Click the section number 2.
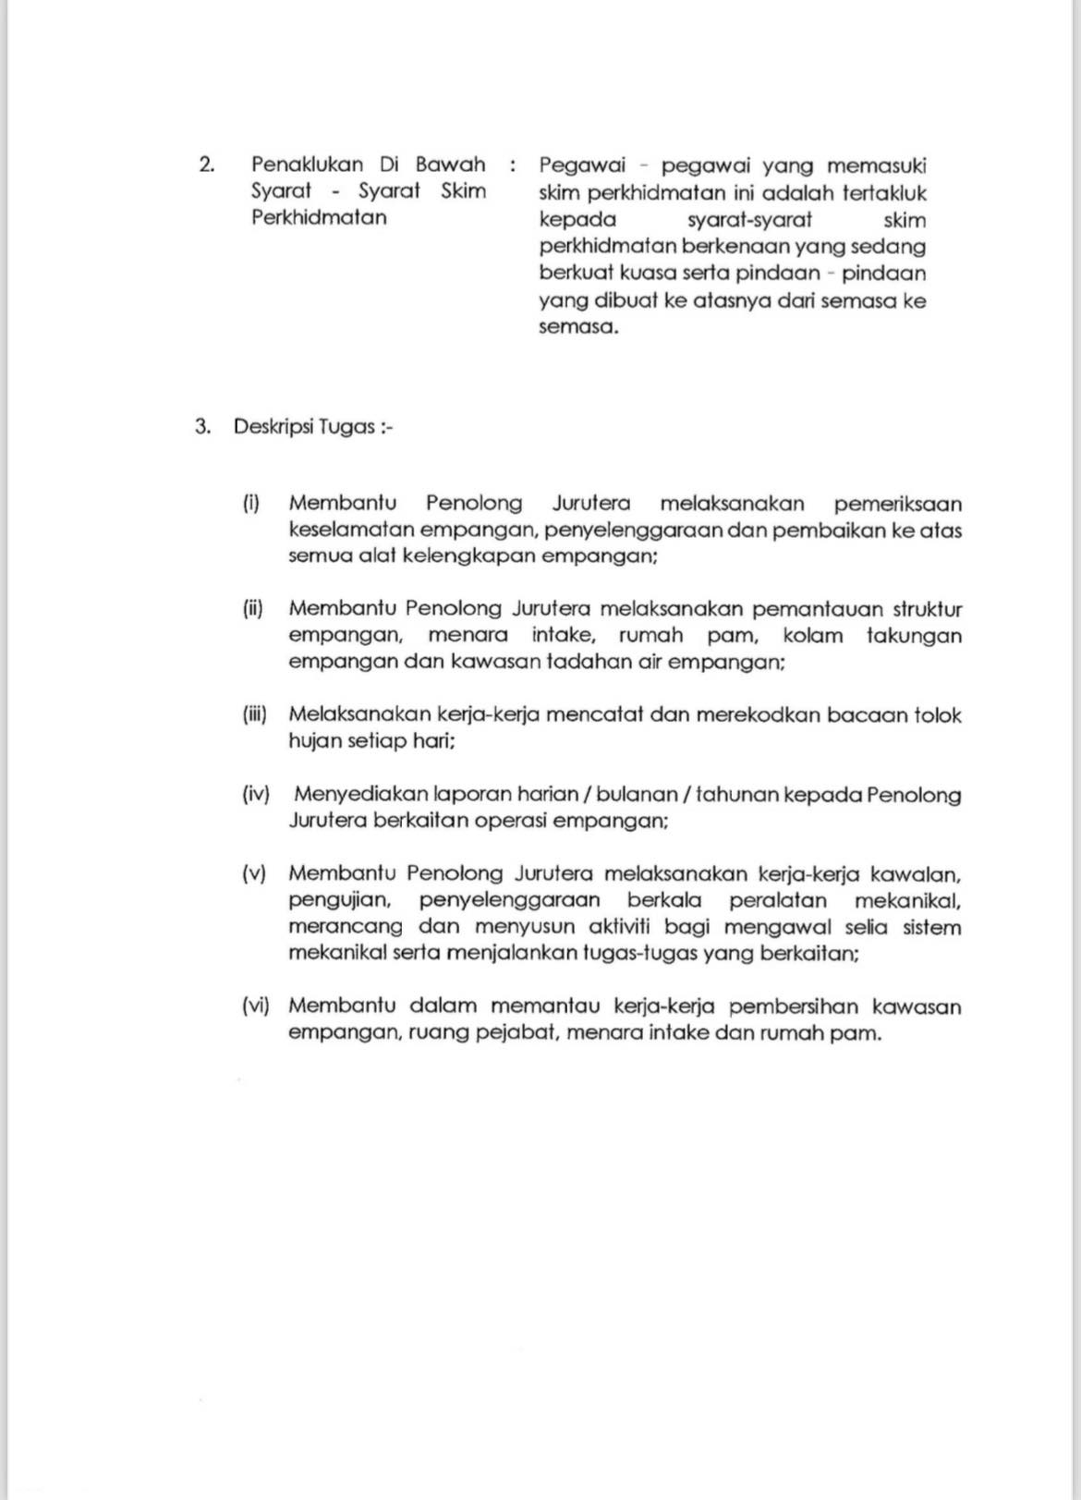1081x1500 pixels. tap(206, 165)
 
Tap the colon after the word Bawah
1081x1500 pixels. tap(512, 165)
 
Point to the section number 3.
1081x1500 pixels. tap(203, 427)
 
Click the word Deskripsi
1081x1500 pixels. tap(273, 427)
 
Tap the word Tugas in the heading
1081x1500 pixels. tap(346, 427)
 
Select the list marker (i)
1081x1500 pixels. tap(251, 504)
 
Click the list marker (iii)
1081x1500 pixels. tap(254, 714)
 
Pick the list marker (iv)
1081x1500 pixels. tap(255, 794)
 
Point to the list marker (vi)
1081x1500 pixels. tap(255, 1006)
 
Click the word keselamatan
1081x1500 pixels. tap(351, 530)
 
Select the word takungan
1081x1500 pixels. tap(914, 636)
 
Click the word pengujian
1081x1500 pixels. tap(339, 900)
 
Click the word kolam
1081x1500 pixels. tap(812, 636)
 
